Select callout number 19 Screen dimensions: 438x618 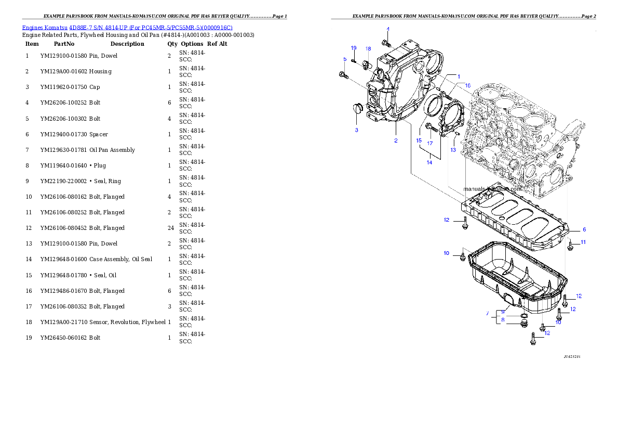(354, 48)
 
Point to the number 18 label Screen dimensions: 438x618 (368, 48)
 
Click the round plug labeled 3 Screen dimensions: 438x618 (356, 109)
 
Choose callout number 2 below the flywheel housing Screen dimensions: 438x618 (396, 140)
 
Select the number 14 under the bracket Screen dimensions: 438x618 (429, 162)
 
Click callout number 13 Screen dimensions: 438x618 (453, 150)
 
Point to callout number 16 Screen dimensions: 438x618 (467, 85)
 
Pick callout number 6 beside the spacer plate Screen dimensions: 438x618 (584, 229)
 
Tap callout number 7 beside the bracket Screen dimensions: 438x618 (487, 314)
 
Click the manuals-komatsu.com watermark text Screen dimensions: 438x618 (491, 190)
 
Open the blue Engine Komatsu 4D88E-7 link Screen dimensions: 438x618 (127, 27)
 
